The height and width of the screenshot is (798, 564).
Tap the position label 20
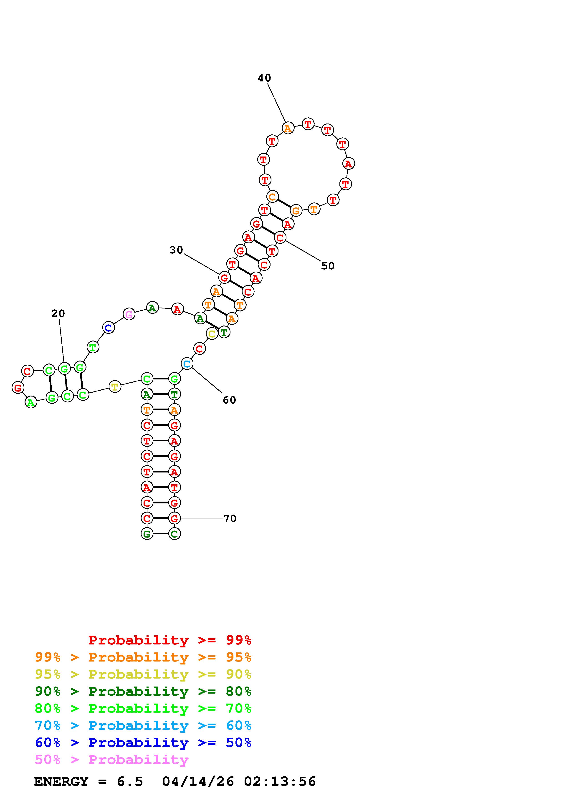coord(58,313)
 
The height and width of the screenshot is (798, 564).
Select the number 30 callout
coord(176,250)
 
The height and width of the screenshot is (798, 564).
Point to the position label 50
coord(328,266)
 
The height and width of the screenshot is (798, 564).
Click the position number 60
coord(229,400)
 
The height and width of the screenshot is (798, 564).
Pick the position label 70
coord(230,519)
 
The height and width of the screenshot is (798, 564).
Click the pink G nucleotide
coord(129,314)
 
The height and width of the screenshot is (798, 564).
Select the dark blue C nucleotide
coord(109,327)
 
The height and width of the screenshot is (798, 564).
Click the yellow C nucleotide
coord(212,334)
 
